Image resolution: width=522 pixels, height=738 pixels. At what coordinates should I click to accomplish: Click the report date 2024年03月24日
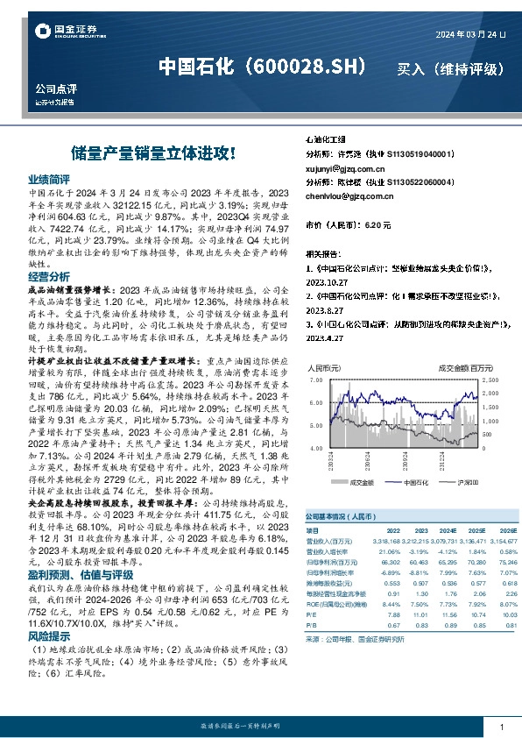click(x=471, y=33)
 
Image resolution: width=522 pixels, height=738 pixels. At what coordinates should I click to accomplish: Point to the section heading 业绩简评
click(x=49, y=177)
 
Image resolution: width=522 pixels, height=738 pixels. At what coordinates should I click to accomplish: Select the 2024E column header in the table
click(x=424, y=530)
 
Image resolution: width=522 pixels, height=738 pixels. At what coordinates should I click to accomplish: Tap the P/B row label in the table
click(x=311, y=626)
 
